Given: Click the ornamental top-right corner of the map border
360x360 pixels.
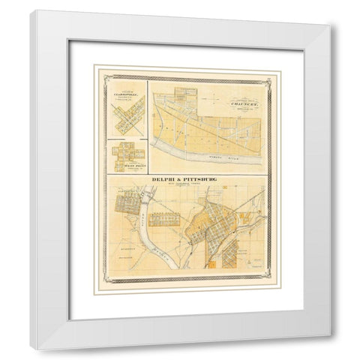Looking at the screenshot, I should coord(269,70).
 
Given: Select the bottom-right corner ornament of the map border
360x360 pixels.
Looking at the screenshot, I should coord(269,282).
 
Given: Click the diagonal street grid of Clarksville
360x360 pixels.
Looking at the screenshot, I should coord(126,119).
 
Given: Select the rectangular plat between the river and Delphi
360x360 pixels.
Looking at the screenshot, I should coord(163,219).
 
